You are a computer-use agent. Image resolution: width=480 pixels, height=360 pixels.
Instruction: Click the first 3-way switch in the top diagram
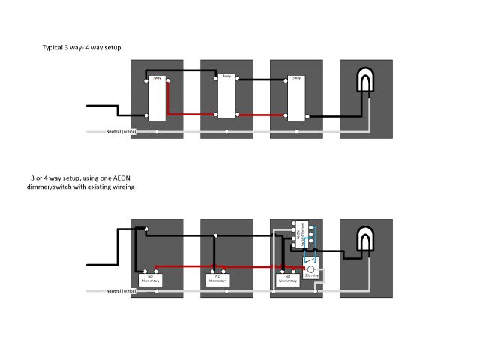[157, 98]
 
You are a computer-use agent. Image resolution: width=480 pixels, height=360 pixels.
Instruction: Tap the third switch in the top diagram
[296, 98]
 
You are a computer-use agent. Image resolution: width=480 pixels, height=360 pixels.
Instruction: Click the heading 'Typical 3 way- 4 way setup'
[82, 48]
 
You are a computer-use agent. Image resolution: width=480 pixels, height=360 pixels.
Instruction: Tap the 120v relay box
[311, 274]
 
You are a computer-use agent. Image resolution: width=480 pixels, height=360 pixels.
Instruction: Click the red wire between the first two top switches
[191, 115]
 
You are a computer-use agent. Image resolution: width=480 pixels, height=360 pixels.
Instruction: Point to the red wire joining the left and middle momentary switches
[184, 266]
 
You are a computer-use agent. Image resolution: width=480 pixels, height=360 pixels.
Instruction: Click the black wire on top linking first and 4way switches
[184, 71]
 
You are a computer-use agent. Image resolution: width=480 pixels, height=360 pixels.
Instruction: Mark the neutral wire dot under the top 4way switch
[226, 132]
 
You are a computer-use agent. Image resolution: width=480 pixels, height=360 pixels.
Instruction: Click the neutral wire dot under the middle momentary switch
[218, 290]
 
